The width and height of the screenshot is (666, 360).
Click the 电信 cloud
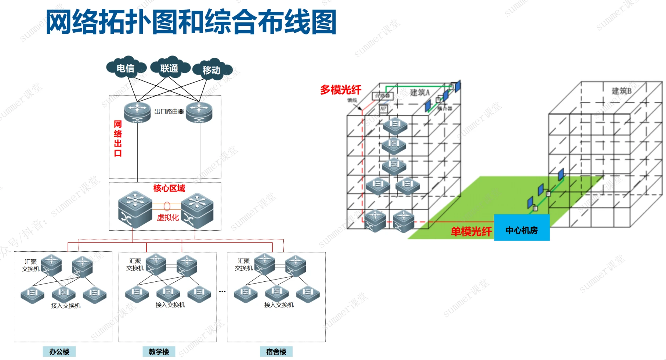(126, 68)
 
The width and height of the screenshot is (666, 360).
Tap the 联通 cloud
(169, 68)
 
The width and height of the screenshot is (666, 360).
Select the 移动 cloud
(211, 70)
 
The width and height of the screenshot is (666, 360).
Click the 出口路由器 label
(169, 111)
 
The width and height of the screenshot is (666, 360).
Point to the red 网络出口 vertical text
(118, 138)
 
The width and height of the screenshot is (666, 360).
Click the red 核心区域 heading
(169, 188)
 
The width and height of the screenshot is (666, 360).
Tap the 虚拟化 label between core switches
(168, 217)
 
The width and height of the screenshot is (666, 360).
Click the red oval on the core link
(167, 206)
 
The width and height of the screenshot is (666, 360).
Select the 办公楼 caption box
(59, 352)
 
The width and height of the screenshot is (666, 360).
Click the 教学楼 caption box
(159, 352)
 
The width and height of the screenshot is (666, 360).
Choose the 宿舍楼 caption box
(276, 352)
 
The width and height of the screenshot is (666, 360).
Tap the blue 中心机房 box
(522, 230)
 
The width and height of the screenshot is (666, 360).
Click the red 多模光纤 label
(341, 90)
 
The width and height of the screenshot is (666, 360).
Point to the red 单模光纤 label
(471, 231)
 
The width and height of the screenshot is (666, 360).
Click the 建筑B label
(621, 91)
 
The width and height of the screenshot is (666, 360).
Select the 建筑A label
(420, 92)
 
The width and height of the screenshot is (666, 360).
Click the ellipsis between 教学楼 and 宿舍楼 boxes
(222, 292)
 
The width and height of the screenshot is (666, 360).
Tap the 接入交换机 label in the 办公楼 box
(66, 306)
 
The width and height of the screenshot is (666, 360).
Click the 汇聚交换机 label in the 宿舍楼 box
(244, 264)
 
